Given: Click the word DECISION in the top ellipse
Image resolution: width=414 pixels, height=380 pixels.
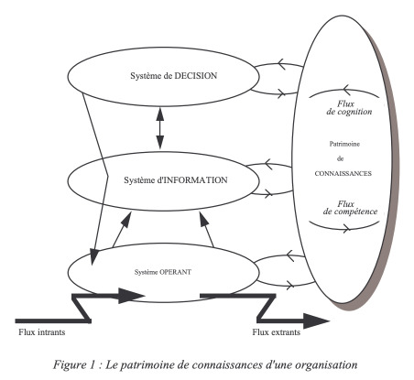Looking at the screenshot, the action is coord(195,76).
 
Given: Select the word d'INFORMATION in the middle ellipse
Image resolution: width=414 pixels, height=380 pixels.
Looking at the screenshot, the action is coord(192,180).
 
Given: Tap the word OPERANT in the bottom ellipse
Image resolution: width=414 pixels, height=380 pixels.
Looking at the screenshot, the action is coord(176,272).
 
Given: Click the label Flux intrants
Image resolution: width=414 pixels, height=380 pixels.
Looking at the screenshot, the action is coord(42,332).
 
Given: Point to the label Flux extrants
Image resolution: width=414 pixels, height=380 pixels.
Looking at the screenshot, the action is coord(277,332).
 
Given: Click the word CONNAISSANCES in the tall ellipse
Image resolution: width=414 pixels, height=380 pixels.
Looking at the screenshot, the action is coord(343,173).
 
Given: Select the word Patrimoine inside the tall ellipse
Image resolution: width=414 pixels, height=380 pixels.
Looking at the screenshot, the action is coord(344,144).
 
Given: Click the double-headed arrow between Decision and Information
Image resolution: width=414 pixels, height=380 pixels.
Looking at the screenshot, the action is coord(160,127).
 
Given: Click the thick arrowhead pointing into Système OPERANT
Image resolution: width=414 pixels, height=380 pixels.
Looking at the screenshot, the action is coord(131,296).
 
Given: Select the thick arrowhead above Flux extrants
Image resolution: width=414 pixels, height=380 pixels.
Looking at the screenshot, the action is coord(316,320).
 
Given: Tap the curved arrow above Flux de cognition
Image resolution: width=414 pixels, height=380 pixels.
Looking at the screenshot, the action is coord(344,91).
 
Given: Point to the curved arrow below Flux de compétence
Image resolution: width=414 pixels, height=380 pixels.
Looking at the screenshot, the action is coord(344,228).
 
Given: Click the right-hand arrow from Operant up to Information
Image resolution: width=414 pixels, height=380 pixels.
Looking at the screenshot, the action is coord(207,230).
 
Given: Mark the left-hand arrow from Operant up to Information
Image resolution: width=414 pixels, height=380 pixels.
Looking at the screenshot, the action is coord(122,230).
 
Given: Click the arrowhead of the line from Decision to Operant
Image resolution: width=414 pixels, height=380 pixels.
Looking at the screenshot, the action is coord(94,256).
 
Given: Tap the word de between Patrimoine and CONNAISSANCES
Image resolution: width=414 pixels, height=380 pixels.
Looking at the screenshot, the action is coord(341,158).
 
